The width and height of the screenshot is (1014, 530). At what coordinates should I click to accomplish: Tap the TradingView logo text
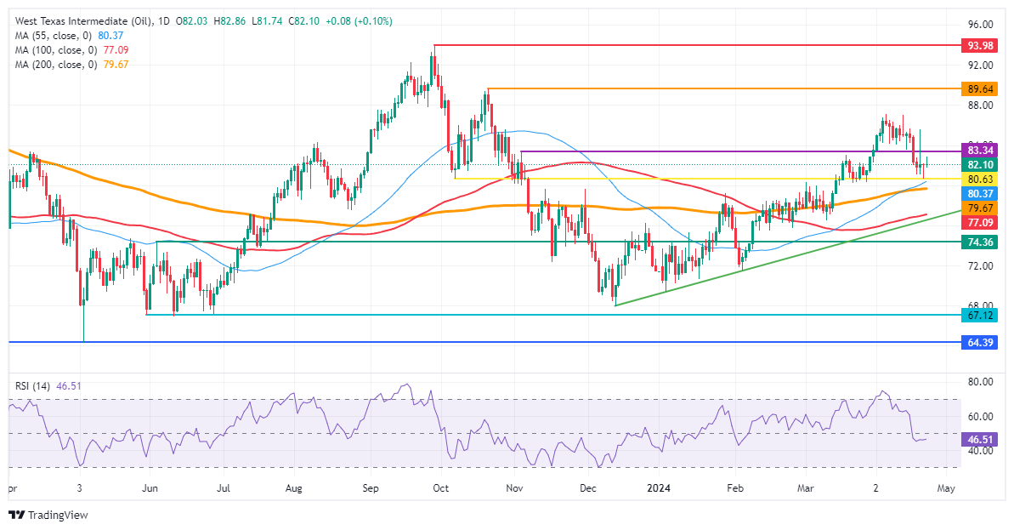(57, 515)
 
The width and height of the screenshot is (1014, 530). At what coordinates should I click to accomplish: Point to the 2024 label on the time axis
(660, 488)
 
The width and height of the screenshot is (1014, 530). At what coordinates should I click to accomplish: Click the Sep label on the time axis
(371, 488)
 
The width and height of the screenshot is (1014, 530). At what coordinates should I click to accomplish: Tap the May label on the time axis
(946, 488)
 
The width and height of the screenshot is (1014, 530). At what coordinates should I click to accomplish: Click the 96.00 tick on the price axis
(980, 26)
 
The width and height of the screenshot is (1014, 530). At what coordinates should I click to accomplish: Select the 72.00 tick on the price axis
(980, 266)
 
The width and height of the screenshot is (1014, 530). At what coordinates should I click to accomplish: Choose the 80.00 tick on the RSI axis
(980, 381)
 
